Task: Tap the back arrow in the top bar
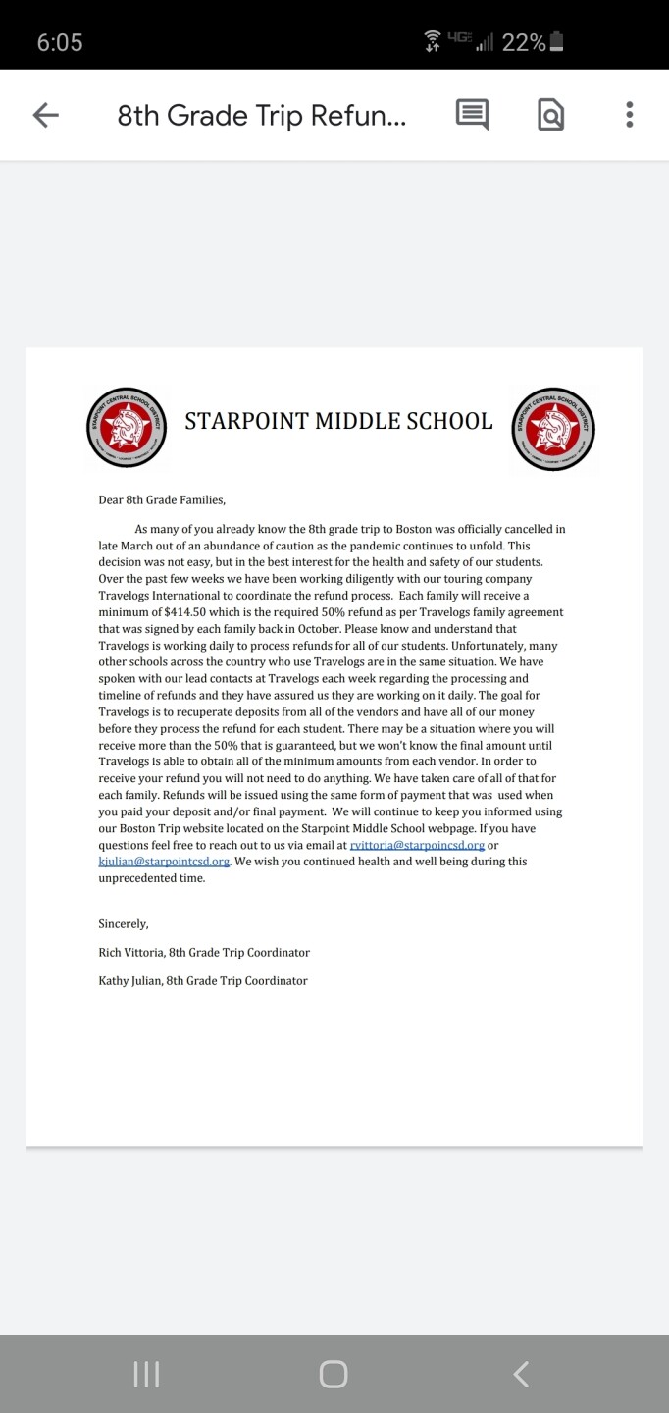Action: (46, 115)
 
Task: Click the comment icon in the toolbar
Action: (472, 115)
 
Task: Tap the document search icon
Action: (551, 116)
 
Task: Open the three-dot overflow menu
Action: (629, 115)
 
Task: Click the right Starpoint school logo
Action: (553, 428)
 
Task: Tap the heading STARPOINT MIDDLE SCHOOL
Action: (338, 422)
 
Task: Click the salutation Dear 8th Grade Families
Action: (162, 499)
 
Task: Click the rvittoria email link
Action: (417, 845)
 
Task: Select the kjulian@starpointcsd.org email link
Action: (164, 862)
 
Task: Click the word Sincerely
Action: (124, 923)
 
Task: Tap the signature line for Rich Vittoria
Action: (204, 952)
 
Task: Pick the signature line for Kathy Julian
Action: (203, 980)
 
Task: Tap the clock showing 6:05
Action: (60, 42)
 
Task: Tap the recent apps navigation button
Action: (146, 1374)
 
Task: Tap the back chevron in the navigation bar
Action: (521, 1374)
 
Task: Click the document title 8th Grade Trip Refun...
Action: (261, 116)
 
